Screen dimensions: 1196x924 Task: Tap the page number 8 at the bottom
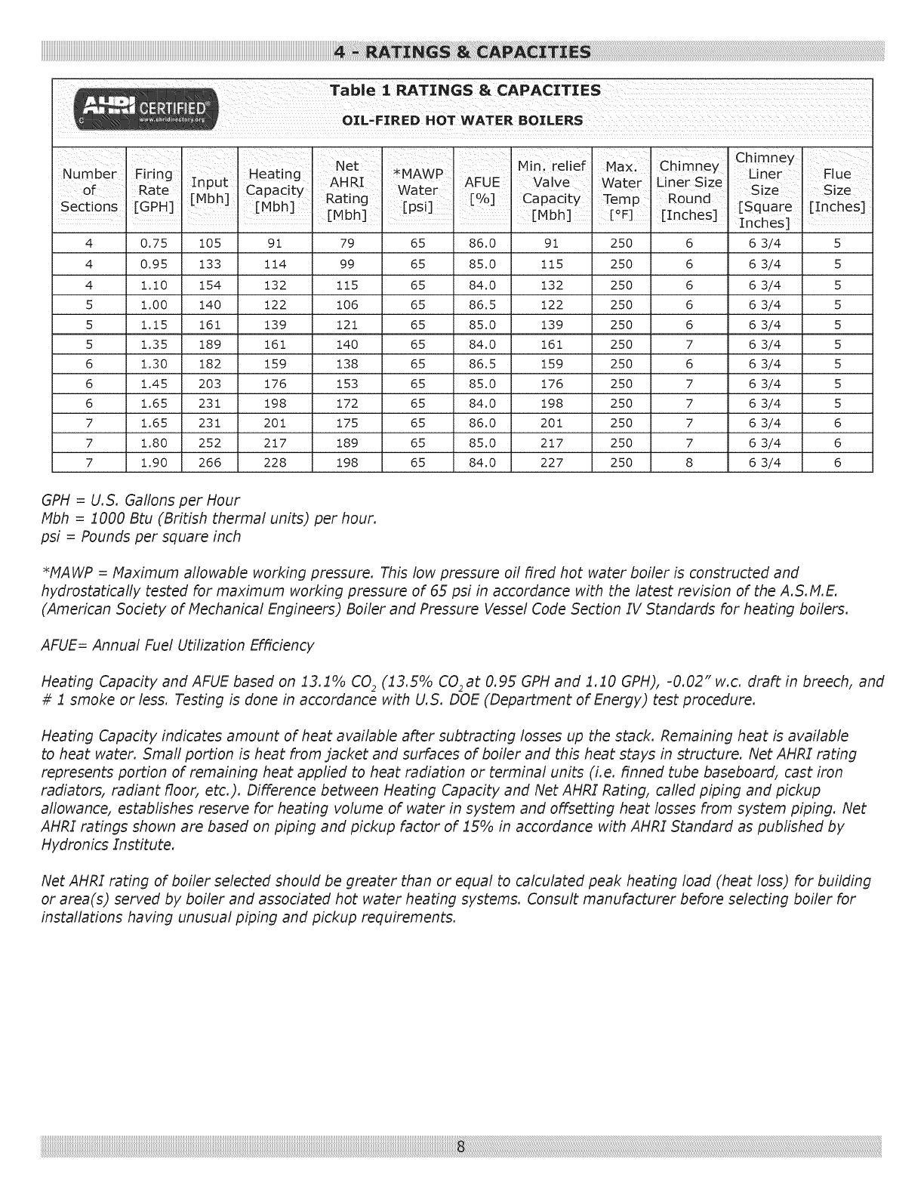461,1147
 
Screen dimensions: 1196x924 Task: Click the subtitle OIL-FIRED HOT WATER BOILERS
463,121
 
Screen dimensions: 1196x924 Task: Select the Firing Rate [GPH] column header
153,190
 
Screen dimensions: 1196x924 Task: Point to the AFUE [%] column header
482,190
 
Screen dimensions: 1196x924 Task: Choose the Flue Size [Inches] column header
836,190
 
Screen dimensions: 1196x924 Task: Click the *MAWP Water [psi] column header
417,190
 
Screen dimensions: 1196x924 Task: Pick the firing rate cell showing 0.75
153,244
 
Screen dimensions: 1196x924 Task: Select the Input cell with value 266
209,463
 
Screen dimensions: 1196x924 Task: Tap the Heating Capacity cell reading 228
275,463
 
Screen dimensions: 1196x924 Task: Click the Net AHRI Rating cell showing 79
346,244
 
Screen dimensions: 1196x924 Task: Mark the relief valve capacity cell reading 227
551,463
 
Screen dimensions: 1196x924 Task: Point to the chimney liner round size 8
688,463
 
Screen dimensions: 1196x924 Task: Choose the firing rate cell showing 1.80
153,443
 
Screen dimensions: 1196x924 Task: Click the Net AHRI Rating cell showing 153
346,384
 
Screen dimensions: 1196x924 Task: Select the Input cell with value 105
209,244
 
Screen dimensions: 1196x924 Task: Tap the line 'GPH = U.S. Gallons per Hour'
140,501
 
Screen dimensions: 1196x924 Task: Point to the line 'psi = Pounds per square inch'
141,537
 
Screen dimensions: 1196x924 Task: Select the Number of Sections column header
89,190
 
